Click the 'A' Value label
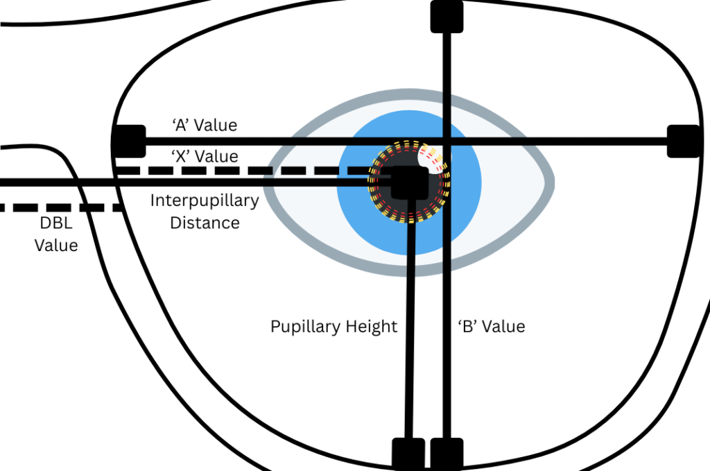coord(205,126)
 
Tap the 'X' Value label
coord(205,156)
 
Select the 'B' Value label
coord(492,326)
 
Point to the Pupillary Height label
coord(334,326)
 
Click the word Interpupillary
coord(205,201)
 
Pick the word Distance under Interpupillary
coord(205,223)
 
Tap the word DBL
coord(57,223)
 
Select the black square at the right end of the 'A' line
coord(682,141)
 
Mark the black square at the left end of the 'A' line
coord(129,141)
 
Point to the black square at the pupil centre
coord(408,182)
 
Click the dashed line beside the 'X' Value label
coord(243,170)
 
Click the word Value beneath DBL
coord(57,245)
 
